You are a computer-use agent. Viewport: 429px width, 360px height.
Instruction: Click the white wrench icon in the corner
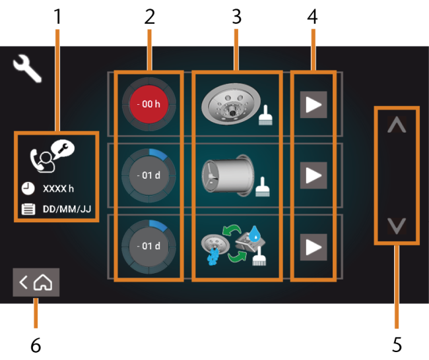27,68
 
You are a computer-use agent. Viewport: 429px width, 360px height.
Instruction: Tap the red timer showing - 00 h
149,104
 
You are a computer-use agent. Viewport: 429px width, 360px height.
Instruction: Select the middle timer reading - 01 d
149,175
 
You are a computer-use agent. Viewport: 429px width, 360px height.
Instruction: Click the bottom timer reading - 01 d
149,247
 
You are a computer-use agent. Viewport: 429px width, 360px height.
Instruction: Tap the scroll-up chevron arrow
397,125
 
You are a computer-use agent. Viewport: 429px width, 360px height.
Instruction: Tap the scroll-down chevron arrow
397,225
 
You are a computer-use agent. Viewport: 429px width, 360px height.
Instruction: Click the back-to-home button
36,282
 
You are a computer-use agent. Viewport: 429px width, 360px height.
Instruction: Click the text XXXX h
58,189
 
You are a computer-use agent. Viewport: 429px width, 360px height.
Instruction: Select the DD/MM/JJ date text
67,209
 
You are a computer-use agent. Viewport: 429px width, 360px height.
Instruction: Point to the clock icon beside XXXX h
28,189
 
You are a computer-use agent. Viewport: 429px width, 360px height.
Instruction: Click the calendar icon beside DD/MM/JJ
28,209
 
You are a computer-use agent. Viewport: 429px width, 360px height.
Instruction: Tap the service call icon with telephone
52,156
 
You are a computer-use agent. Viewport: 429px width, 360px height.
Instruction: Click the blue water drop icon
255,233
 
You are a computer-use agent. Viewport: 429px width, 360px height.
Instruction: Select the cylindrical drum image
228,175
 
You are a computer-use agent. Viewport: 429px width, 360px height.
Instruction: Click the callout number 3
237,16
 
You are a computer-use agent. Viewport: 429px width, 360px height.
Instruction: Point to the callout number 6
36,345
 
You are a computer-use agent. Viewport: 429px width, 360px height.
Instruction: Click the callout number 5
397,345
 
